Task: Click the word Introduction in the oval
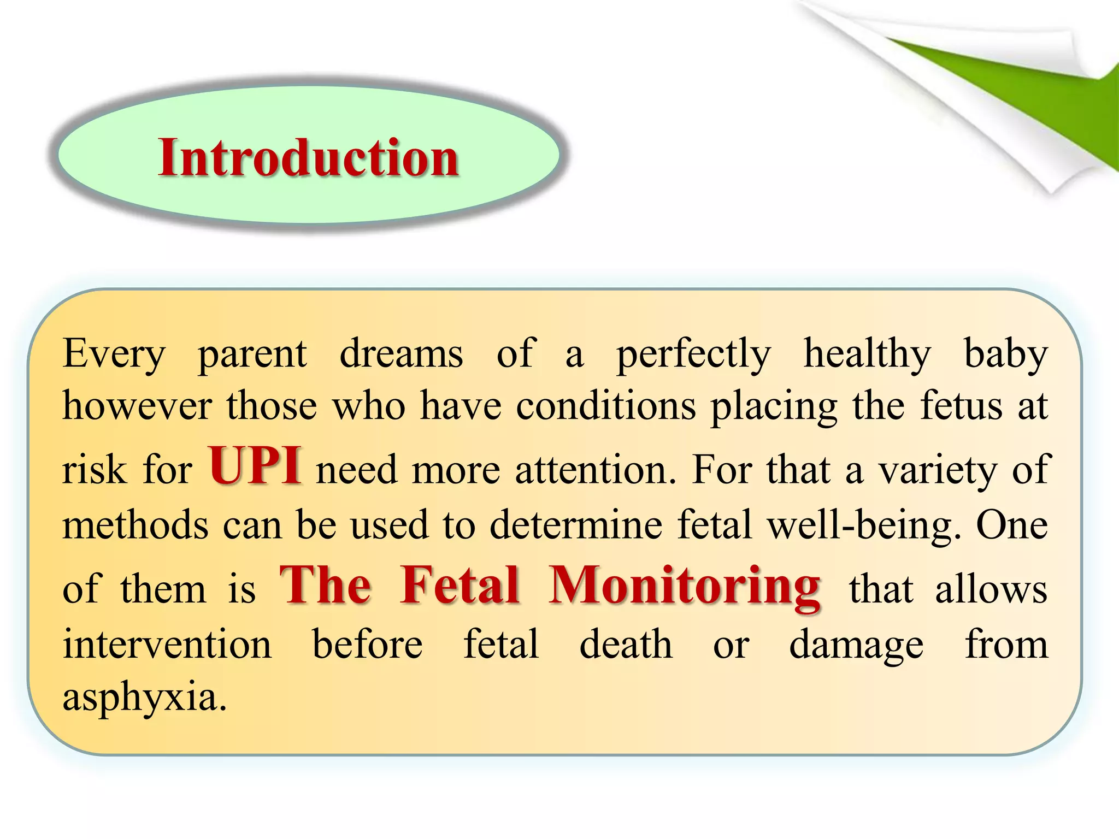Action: (308, 158)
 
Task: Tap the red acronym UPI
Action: (255, 466)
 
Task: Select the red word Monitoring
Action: (685, 586)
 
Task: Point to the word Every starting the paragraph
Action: (114, 354)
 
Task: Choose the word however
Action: (137, 407)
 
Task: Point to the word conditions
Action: (606, 407)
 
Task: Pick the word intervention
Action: (167, 645)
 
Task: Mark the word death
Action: (626, 645)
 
